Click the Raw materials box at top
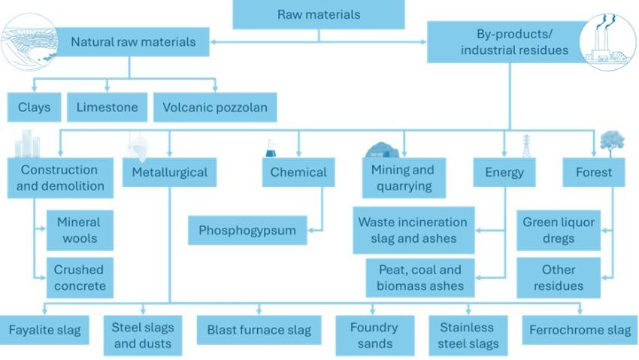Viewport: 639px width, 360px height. tap(319, 14)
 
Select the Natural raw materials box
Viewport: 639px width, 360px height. tap(133, 41)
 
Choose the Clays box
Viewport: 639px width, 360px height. tap(35, 107)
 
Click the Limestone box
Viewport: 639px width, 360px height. tap(108, 107)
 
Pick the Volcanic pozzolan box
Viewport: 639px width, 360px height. tap(215, 107)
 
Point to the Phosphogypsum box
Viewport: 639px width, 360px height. tap(247, 231)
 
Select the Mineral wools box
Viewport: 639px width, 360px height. tap(79, 231)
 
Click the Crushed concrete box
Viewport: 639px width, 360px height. tap(79, 277)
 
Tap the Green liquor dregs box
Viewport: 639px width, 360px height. tap(559, 231)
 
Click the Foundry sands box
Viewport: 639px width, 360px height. tap(374, 335)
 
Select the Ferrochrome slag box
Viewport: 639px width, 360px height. tap(580, 330)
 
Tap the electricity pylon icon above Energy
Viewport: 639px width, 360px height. tap(526, 146)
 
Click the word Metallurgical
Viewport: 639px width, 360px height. tap(169, 172)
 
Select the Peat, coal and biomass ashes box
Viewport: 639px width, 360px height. tap(420, 277)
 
